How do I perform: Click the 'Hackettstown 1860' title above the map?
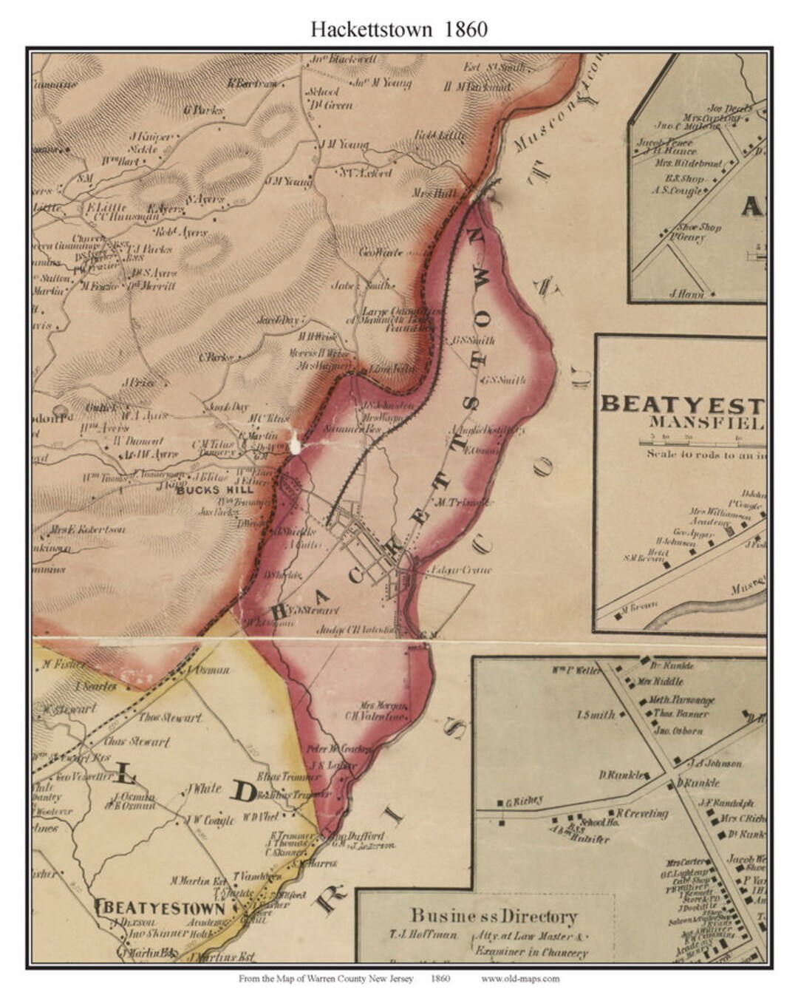point(398,29)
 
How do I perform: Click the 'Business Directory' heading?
point(494,917)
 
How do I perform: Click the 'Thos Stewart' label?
point(171,718)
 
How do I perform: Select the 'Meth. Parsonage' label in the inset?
point(682,699)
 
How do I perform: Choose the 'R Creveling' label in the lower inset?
point(641,813)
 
